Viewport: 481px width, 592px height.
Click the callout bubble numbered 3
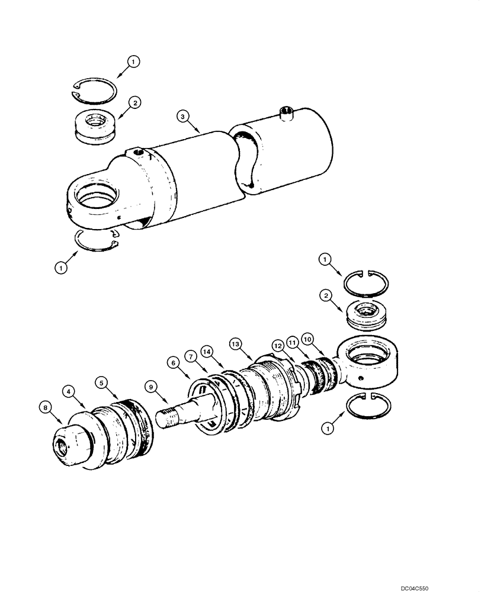click(184, 118)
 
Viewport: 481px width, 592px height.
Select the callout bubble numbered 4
click(70, 391)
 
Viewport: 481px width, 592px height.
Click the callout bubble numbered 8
click(44, 406)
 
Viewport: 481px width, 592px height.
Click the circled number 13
click(235, 343)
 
